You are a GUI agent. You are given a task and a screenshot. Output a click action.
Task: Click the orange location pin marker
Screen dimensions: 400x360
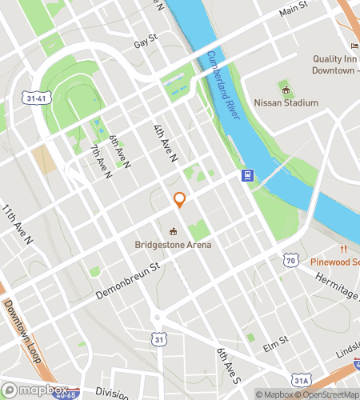[x=180, y=200]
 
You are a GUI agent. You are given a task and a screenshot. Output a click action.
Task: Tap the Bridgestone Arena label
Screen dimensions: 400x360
[x=173, y=244]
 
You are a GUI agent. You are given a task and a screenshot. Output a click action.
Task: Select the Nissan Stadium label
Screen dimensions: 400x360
[x=286, y=102]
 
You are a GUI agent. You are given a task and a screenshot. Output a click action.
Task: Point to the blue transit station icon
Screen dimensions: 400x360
[x=248, y=176]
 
